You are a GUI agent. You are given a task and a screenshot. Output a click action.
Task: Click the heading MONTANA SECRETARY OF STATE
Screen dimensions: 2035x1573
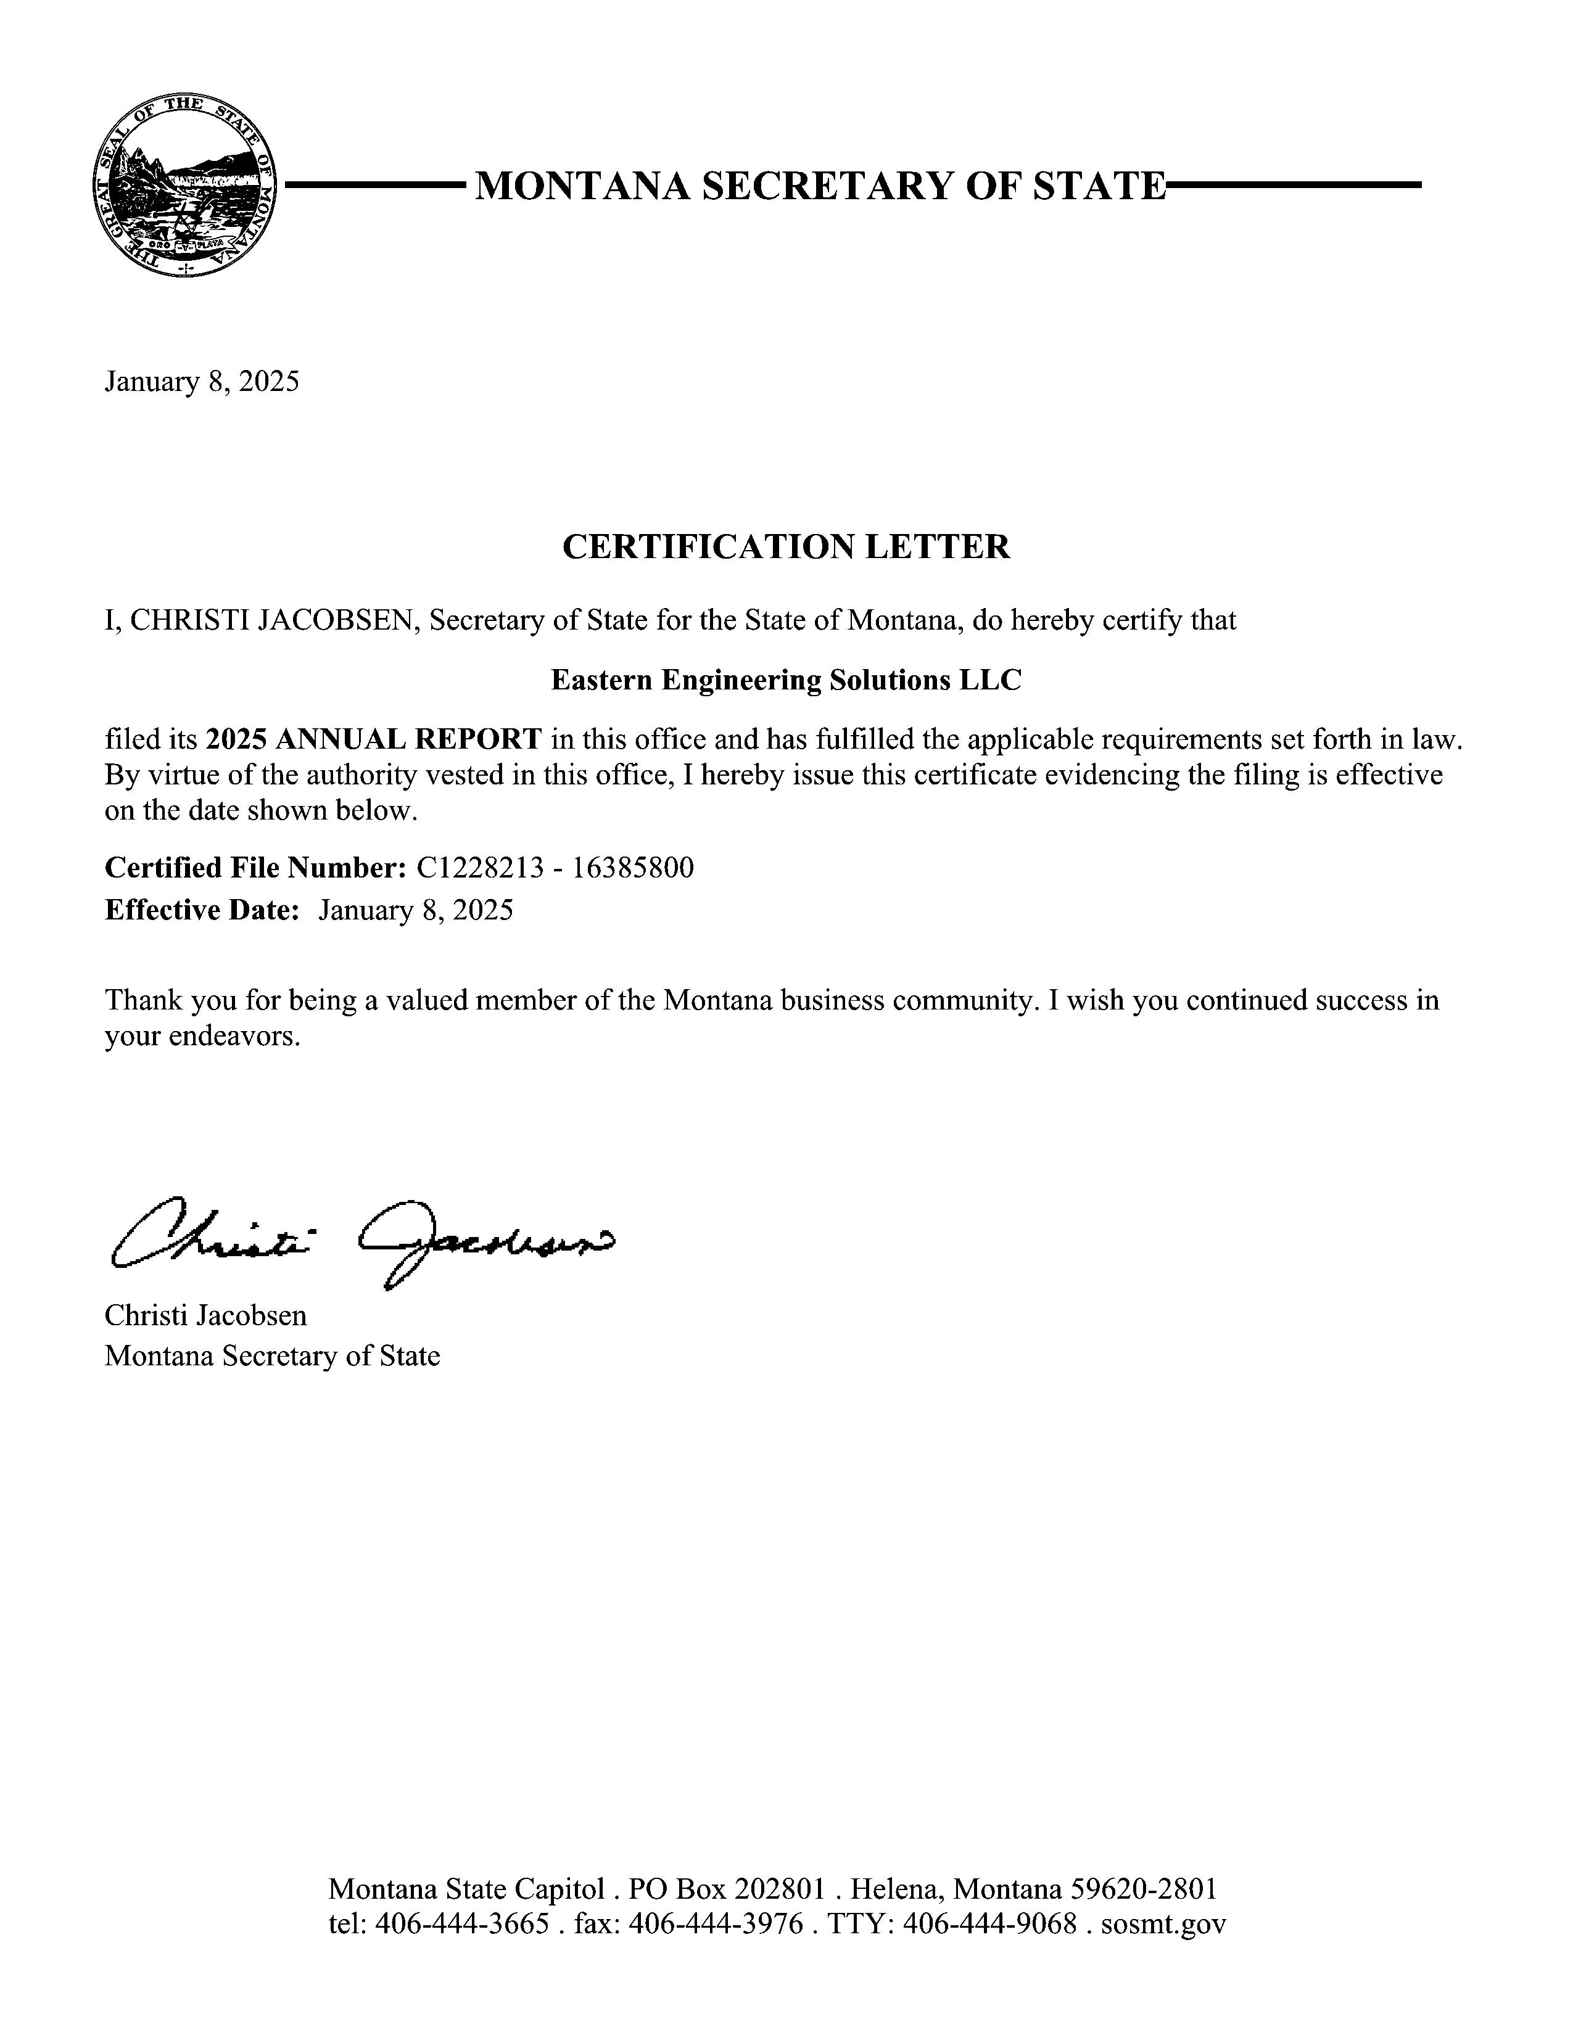[820, 186]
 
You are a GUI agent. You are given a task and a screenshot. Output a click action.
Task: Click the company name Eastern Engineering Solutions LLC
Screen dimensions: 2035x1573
[785, 680]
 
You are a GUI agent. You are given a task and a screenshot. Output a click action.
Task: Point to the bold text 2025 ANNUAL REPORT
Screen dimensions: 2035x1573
[373, 739]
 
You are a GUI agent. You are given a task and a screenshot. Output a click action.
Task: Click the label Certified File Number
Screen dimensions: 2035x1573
[254, 868]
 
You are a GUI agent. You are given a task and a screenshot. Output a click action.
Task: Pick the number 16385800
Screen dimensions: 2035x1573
[633, 868]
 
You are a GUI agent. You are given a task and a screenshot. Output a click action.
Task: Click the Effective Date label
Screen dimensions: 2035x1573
[201, 910]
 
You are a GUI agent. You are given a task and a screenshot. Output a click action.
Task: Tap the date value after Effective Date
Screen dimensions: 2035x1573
[416, 910]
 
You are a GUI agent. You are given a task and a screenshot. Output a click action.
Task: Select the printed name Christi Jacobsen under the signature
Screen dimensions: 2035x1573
[205, 1315]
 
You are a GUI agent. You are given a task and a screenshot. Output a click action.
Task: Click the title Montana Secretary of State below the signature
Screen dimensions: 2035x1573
[272, 1355]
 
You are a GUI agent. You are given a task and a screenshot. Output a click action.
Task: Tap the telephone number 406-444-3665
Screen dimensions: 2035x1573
[461, 1923]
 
